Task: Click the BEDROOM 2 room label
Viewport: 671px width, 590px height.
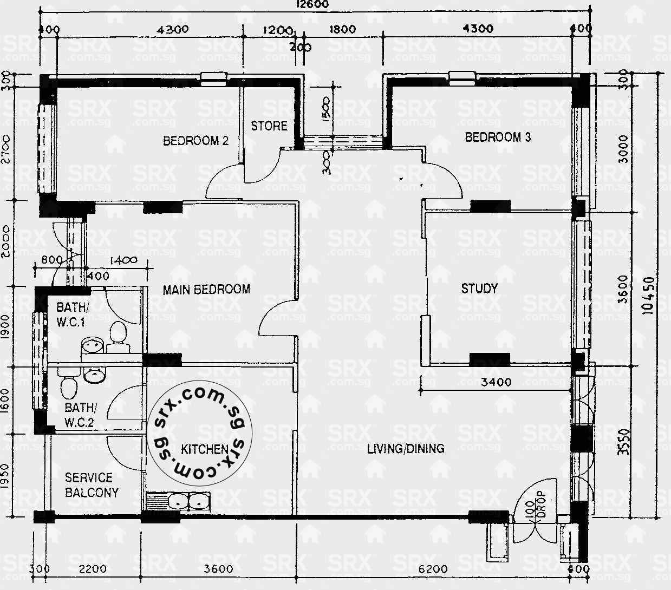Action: tap(196, 141)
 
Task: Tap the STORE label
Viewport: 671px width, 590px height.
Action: tap(269, 126)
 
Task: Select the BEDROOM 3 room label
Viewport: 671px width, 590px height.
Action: tap(498, 137)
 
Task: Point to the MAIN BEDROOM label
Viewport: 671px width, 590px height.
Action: tap(206, 290)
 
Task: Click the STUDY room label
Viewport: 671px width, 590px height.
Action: tap(479, 289)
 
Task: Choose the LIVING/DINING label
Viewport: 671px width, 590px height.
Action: tap(406, 448)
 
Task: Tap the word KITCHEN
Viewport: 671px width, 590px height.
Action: tap(204, 449)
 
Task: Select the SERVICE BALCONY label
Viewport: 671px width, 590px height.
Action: tap(91, 485)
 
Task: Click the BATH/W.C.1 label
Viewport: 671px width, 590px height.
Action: tap(71, 314)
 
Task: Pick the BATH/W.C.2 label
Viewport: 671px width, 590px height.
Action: tap(79, 415)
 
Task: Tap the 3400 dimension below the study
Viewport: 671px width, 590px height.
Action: tap(496, 382)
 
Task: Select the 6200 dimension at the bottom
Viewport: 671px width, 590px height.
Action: tap(433, 569)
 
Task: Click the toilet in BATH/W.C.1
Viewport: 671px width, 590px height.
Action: tap(116, 333)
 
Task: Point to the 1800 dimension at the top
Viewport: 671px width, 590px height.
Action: tap(342, 30)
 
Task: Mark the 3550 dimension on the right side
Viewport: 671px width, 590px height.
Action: tap(623, 442)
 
